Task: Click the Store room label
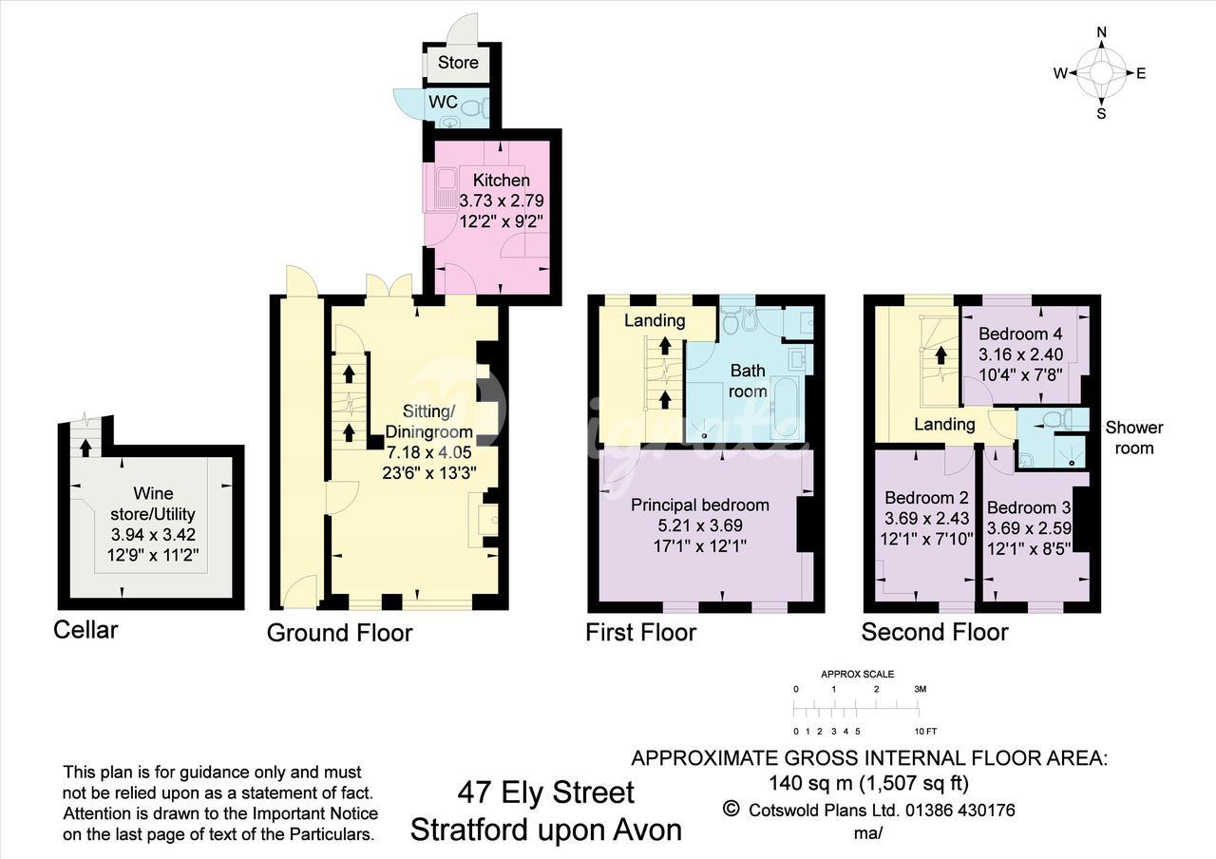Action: click(458, 63)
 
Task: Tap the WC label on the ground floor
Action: click(443, 102)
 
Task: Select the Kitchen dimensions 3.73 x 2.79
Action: click(501, 200)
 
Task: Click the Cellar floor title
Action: click(85, 630)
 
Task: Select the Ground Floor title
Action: click(340, 633)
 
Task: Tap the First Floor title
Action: click(640, 632)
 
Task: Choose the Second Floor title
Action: click(935, 632)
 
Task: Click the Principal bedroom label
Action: click(700, 505)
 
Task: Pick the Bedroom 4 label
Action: click(1020, 334)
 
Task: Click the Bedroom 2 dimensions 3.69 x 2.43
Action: click(926, 518)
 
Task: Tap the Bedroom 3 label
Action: click(1029, 507)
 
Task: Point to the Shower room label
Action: click(1134, 438)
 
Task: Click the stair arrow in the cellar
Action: click(85, 448)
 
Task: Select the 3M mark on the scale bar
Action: click(921, 689)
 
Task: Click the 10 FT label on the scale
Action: click(925, 731)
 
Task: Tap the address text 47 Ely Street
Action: click(545, 792)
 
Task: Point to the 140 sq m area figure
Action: click(809, 783)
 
